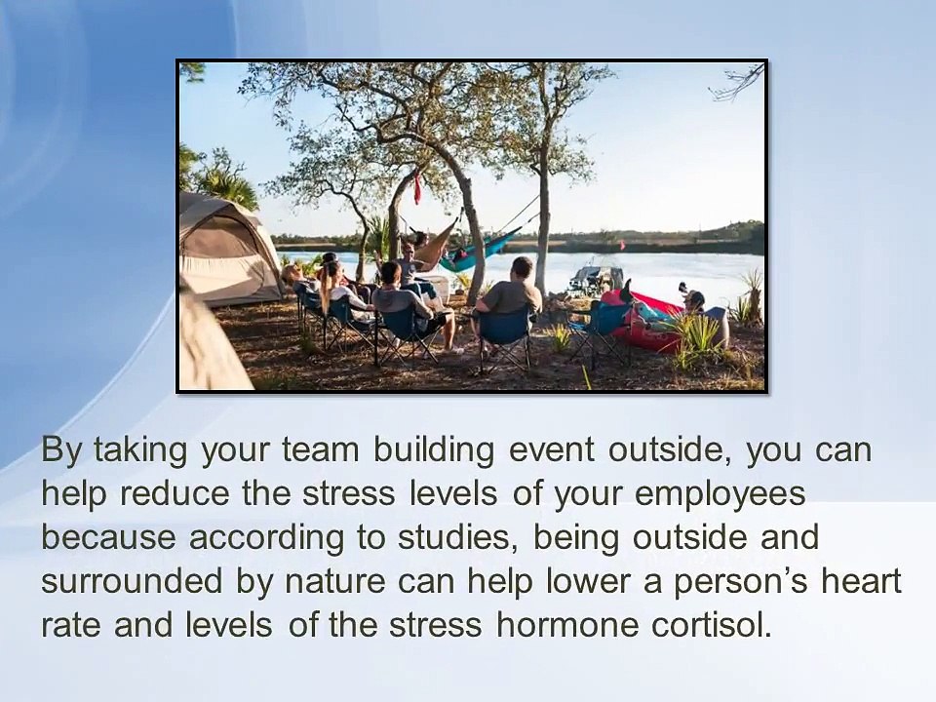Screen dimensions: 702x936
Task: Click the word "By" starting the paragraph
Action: [x=61, y=451]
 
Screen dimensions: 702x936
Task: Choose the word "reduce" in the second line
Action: [x=171, y=494]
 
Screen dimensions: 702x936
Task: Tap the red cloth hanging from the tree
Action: [x=417, y=187]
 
